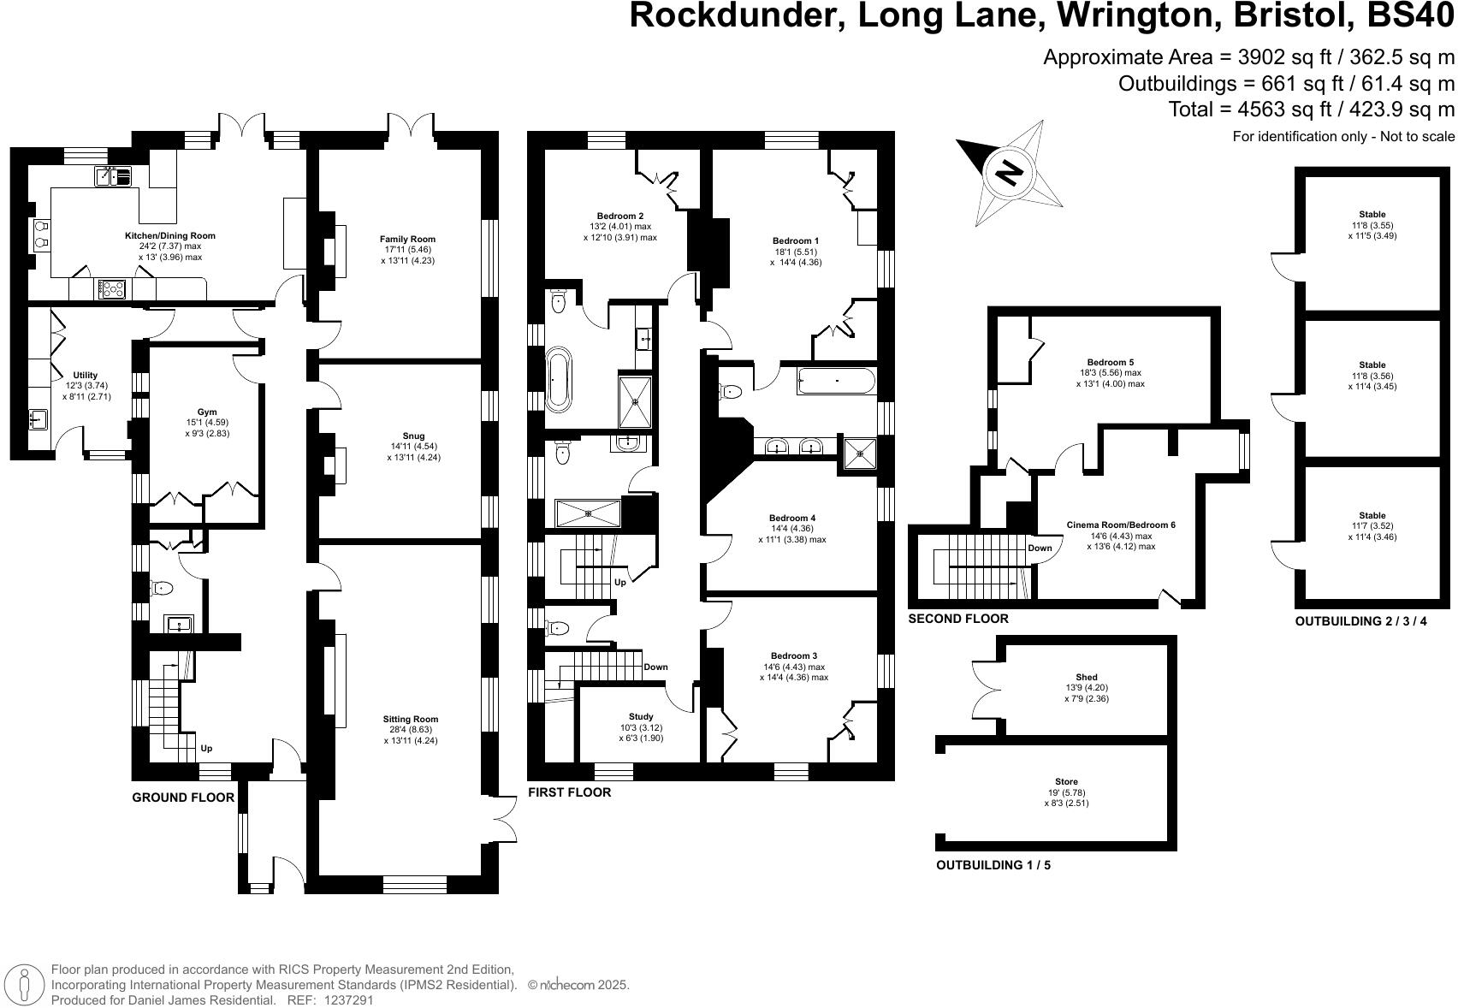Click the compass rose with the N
[x=1010, y=173]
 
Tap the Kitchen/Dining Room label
[x=170, y=235]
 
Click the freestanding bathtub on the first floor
[x=558, y=378]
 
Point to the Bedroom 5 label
[x=1111, y=362]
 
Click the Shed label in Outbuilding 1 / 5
[x=1087, y=677]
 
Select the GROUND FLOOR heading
[x=183, y=798]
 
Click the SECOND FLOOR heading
[x=958, y=619]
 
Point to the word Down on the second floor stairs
[x=1040, y=548]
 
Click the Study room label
[x=641, y=716]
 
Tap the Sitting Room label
[x=411, y=719]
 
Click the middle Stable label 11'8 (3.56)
[x=1372, y=376]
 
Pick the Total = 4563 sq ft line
[x=1311, y=110]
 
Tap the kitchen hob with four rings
[x=111, y=289]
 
